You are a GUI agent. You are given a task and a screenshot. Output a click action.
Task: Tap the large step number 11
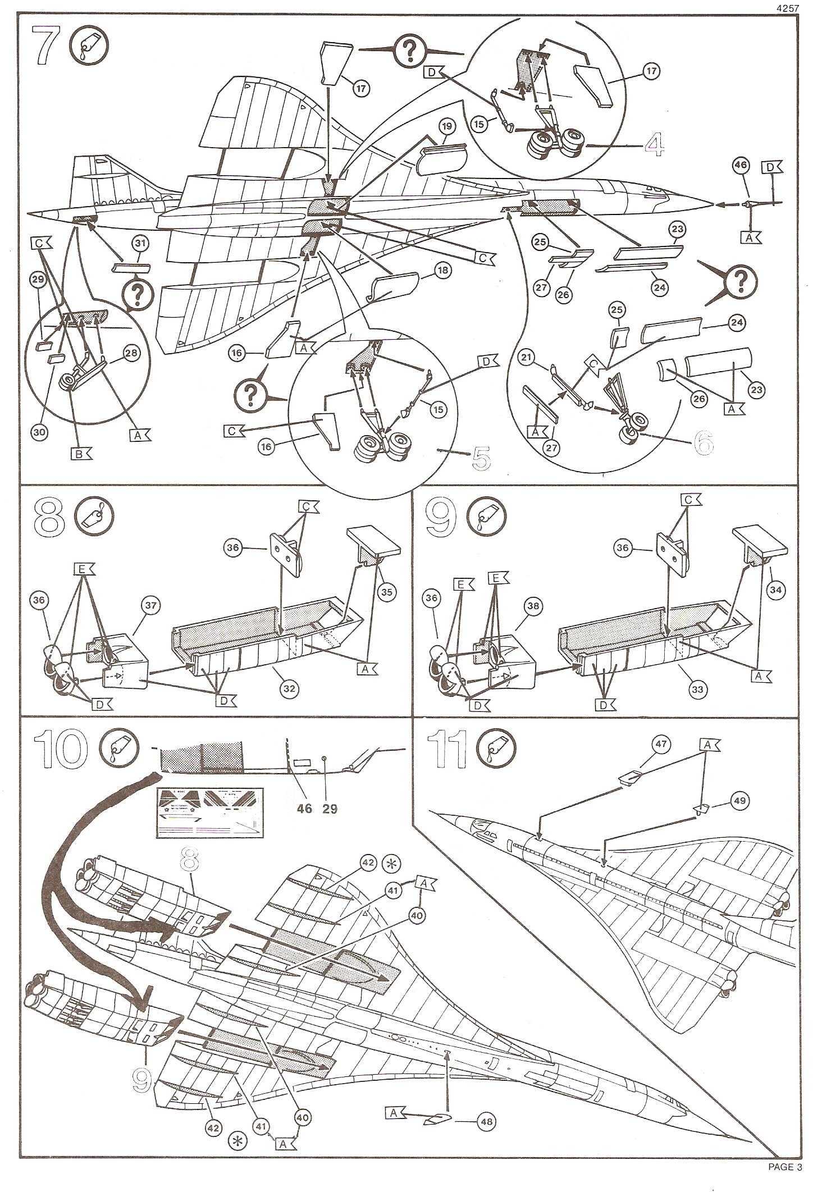[x=447, y=751]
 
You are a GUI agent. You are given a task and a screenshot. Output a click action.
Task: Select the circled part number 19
[x=447, y=126]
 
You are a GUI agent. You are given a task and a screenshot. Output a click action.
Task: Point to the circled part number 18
[x=444, y=271]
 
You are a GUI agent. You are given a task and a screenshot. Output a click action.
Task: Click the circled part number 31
[x=140, y=243]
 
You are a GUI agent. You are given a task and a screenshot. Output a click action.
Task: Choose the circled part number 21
[x=526, y=357]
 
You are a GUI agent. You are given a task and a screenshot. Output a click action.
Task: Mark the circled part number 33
[x=697, y=689]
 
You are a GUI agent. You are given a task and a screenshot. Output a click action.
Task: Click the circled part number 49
[x=739, y=801]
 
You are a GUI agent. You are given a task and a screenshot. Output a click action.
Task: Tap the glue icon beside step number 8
[x=93, y=516]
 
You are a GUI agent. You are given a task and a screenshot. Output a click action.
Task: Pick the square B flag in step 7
[x=79, y=454]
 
